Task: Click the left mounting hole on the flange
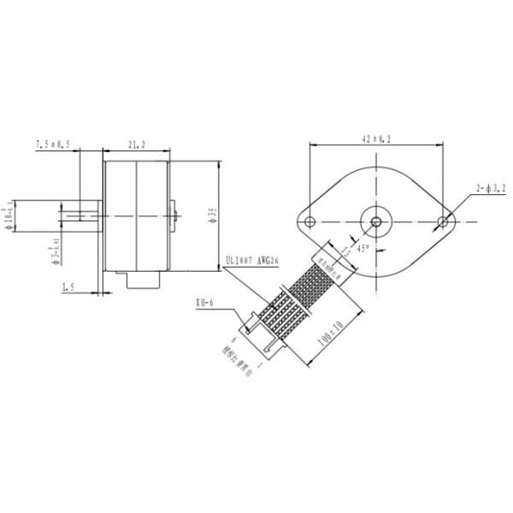tap(310, 222)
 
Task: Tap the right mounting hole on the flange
tap(443, 222)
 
